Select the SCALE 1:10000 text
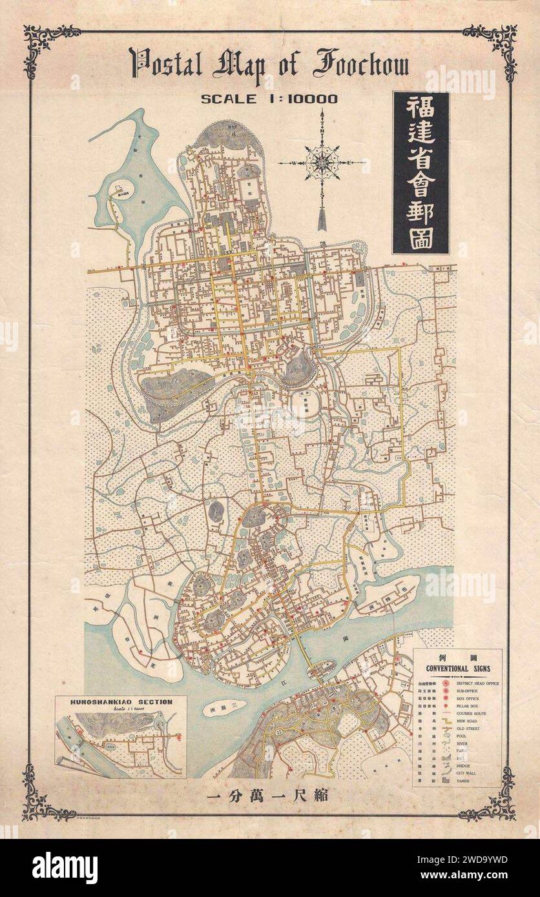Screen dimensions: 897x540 [269, 99]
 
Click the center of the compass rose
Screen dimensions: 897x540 [322, 162]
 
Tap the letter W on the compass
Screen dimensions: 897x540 [293, 163]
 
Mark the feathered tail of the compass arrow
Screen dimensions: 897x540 [322, 218]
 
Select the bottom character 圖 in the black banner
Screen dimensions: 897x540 [421, 238]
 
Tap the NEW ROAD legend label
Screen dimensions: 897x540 [468, 721]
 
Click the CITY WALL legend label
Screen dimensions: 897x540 [468, 772]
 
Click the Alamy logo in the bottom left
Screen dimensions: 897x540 [65, 867]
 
